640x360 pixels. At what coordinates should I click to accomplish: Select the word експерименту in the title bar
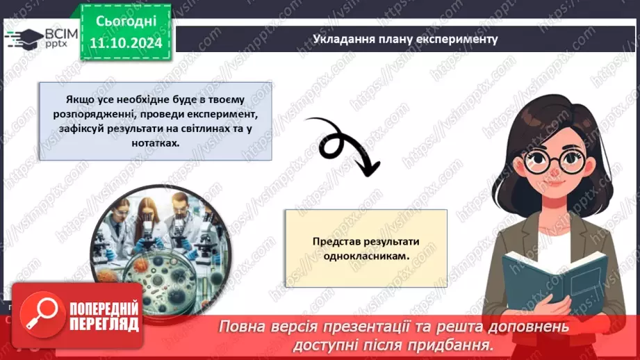point(462,39)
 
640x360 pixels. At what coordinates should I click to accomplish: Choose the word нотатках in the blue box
point(155,143)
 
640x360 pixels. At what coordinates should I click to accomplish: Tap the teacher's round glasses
point(548,161)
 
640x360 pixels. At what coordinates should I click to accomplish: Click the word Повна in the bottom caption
point(242,327)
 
